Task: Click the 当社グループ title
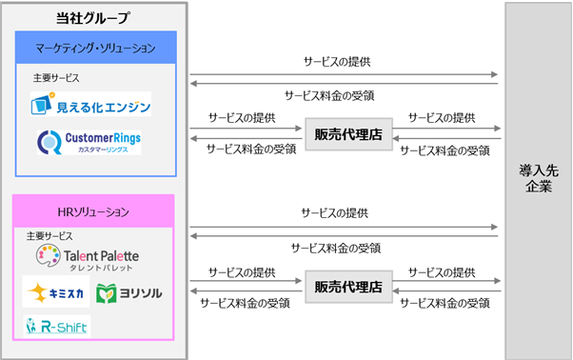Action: pos(93,17)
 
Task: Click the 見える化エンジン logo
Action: pos(91,104)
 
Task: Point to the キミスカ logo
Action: pos(55,291)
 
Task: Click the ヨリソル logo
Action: pos(129,291)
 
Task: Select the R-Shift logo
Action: pos(57,326)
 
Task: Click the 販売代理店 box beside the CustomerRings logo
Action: pos(347,134)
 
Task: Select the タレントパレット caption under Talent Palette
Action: pos(100,267)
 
